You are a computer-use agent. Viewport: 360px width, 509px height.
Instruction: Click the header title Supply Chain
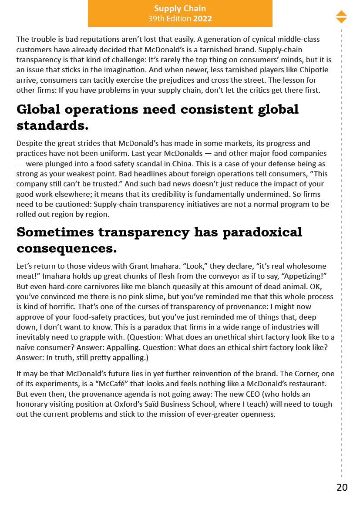180,9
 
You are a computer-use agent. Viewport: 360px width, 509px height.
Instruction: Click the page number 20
342,487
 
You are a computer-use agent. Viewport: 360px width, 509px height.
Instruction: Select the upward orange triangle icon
341,13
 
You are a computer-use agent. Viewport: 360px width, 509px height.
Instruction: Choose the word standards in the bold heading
52,125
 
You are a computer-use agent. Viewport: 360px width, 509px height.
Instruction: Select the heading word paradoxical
262,232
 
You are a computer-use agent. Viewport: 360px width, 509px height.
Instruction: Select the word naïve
26,347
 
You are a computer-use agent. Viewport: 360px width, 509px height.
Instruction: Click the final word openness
259,414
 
